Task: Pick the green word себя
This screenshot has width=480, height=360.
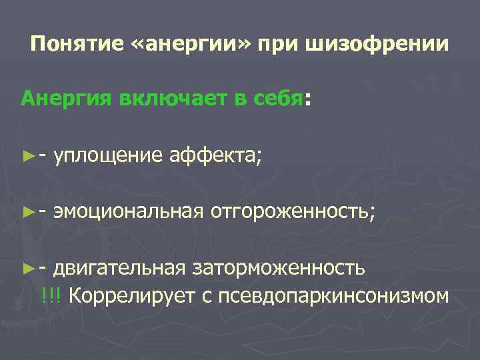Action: (279, 99)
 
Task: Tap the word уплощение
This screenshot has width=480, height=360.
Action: (108, 157)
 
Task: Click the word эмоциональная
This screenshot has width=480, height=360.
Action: (128, 212)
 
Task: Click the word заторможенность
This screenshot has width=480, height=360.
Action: (279, 268)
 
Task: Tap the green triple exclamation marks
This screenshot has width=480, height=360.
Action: (51, 294)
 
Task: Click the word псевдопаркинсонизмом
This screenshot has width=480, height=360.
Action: (326, 294)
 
